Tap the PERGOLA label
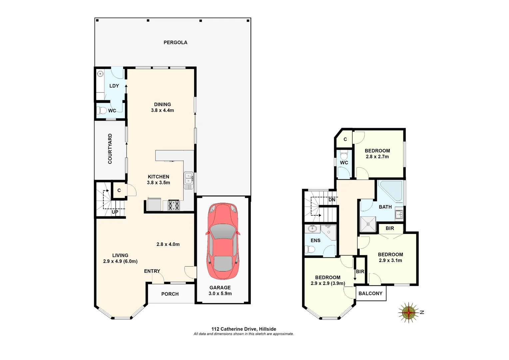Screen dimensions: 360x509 [175, 42]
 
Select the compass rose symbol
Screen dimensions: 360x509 [408, 313]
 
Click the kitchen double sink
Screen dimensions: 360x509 [189, 178]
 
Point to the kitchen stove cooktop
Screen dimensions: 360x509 [174, 205]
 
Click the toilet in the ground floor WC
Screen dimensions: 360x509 [102, 110]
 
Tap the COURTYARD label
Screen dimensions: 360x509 [110, 149]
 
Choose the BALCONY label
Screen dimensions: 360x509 [370, 293]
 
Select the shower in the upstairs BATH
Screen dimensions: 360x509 [368, 224]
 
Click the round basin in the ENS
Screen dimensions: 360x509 [312, 229]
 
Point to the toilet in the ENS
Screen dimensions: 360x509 [310, 249]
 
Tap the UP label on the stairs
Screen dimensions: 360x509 [115, 212]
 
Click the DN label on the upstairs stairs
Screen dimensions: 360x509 [332, 200]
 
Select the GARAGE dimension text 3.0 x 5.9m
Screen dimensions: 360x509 [220, 293]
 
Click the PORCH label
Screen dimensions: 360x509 [170, 294]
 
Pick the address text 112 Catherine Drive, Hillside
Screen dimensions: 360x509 [244, 329]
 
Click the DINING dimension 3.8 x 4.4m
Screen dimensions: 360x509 [162, 110]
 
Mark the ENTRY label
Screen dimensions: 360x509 [152, 271]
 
